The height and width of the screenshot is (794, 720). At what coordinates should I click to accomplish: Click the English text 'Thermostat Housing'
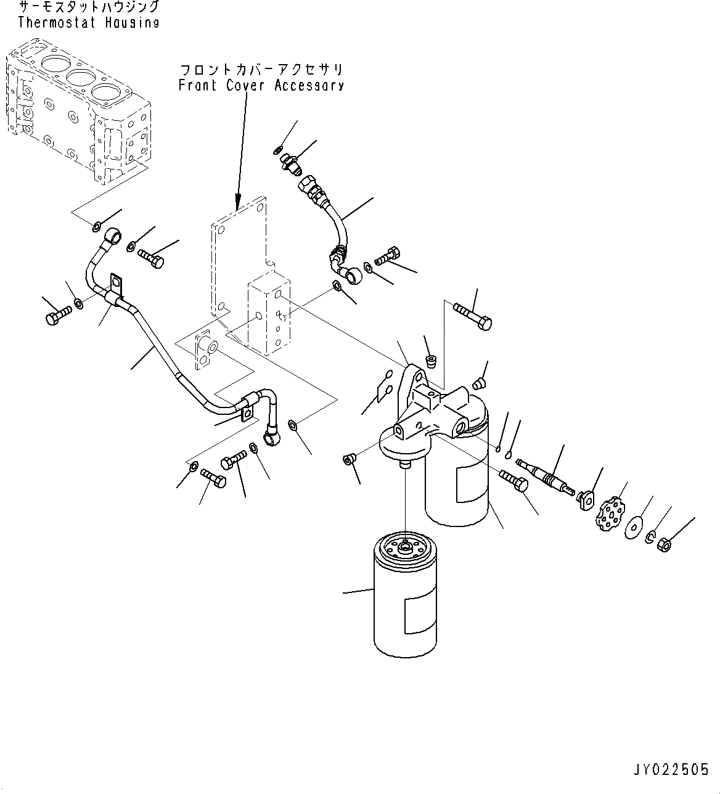pos(88,23)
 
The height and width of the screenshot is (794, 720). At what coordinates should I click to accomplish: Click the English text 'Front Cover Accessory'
pos(261,85)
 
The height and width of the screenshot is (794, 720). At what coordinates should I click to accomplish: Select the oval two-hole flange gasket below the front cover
pos(205,352)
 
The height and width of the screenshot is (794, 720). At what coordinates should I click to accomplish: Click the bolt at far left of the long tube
pos(55,316)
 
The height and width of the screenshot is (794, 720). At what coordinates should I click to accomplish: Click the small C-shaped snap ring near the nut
pos(651,538)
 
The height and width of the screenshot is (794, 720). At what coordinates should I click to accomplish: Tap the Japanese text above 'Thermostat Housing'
pos(88,8)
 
